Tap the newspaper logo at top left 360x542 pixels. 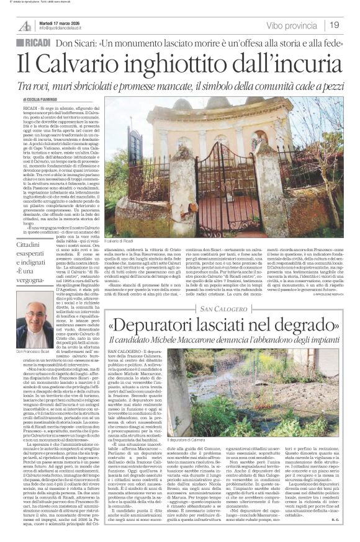(24, 25)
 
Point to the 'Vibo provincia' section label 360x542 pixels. (292, 25)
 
